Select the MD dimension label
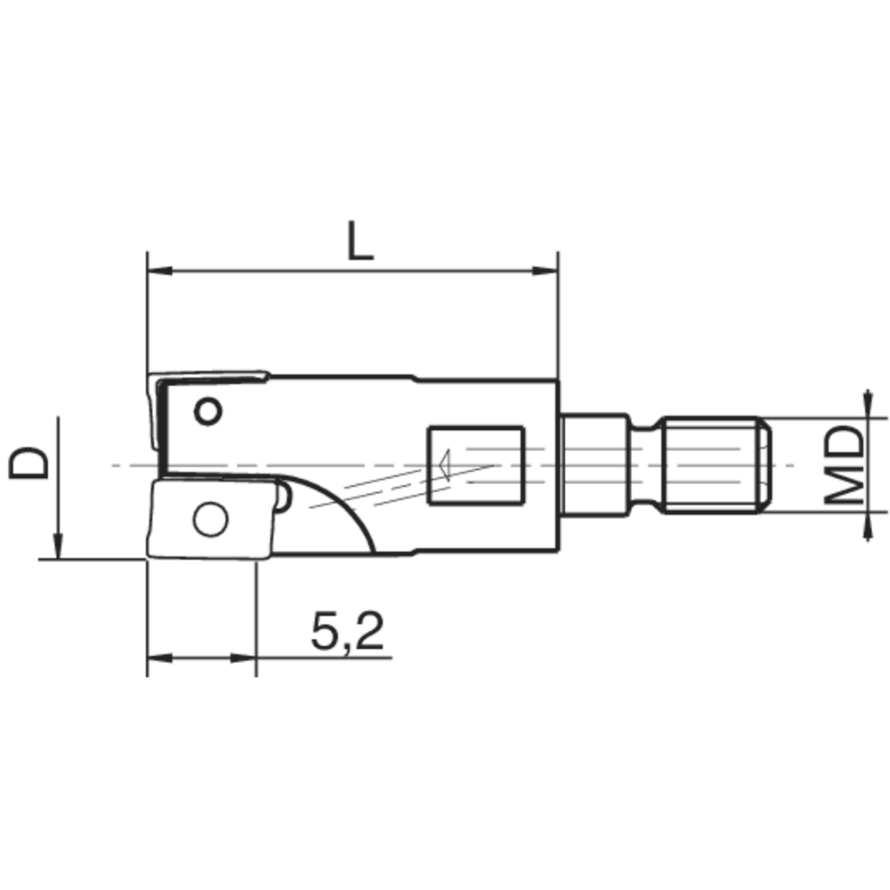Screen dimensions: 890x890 pyautogui.click(x=841, y=465)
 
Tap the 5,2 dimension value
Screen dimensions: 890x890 pyautogui.click(x=347, y=631)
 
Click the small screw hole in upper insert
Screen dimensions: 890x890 pyautogui.click(x=208, y=411)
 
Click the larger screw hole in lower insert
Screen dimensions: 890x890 pyautogui.click(x=210, y=519)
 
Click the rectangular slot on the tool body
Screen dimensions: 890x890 pyautogui.click(x=475, y=466)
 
